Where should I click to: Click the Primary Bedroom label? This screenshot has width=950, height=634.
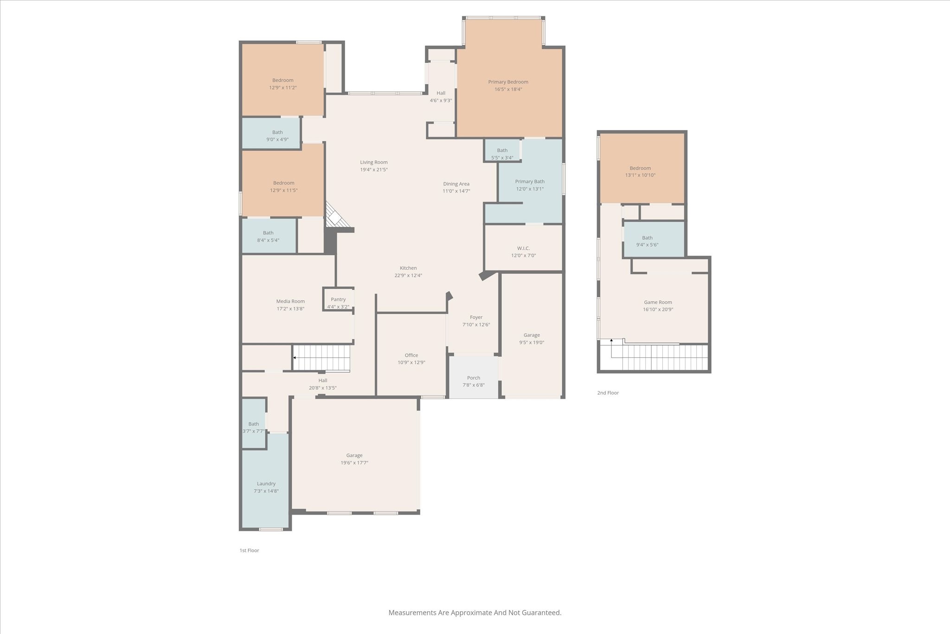point(508,82)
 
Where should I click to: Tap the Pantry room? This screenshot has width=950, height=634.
point(338,300)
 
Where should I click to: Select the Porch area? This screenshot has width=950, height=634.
point(474,378)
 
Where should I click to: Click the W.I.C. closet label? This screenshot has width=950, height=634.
point(523,248)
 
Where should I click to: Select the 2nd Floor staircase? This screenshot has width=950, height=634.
point(659,357)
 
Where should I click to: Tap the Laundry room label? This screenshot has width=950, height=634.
point(266,484)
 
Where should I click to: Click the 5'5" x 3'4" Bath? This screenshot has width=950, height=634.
point(502,151)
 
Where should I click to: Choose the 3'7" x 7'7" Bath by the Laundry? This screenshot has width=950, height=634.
point(253,424)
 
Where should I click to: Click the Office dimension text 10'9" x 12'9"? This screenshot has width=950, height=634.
point(411,363)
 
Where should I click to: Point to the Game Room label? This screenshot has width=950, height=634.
point(658,302)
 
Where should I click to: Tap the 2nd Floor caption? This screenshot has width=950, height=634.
point(608,393)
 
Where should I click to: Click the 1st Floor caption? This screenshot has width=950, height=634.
point(249,550)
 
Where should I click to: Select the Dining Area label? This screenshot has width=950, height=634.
point(456,184)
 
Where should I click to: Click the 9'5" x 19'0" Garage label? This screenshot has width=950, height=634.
point(532,335)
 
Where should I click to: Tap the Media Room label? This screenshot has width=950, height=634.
point(290,302)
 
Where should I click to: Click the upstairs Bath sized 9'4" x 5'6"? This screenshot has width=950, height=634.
point(647,238)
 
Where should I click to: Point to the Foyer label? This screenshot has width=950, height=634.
point(476,317)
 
